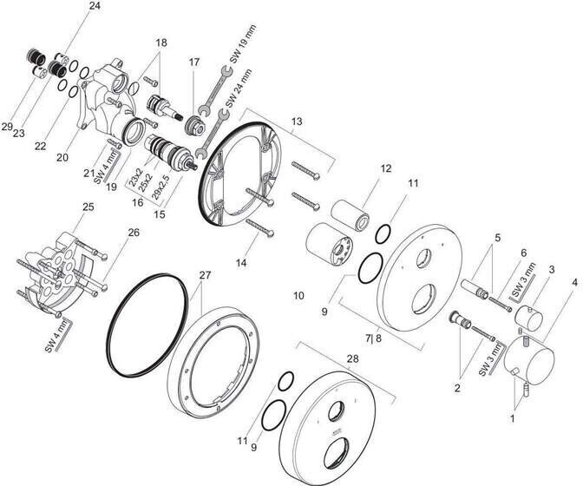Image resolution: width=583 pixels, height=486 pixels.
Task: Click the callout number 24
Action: [95, 6]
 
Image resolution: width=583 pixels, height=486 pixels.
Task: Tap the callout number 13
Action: [298, 123]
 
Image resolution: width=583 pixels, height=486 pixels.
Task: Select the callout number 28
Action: [351, 358]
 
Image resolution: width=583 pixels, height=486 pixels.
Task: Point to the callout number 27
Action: [205, 275]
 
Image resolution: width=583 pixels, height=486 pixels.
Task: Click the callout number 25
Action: [88, 207]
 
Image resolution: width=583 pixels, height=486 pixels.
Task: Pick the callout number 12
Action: [386, 169]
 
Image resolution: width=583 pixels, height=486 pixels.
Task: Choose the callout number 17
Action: [194, 62]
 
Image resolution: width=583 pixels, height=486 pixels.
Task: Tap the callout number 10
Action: [298, 296]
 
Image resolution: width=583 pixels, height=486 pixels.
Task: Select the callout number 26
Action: [134, 232]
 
